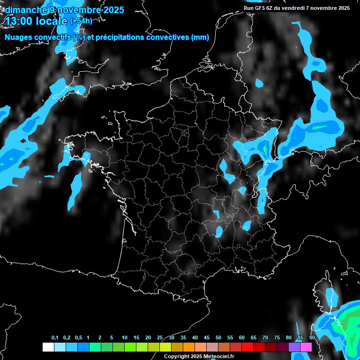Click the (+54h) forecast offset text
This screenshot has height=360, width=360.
click(x=81, y=21)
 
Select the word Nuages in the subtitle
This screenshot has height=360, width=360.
click(x=17, y=37)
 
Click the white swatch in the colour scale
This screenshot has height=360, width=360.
click(x=48, y=347)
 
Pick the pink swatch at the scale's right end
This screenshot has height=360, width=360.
click(x=306, y=347)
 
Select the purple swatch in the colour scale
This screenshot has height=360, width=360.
click(x=294, y=347)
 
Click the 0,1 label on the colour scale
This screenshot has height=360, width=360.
click(x=55, y=337)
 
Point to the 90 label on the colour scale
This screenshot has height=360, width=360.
click(x=312, y=337)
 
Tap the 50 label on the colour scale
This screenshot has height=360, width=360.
click(x=218, y=337)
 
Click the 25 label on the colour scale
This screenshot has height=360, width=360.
click(x=160, y=337)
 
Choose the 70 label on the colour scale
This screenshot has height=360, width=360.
click(x=265, y=337)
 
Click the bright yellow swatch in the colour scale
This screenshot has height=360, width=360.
click(x=165, y=347)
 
